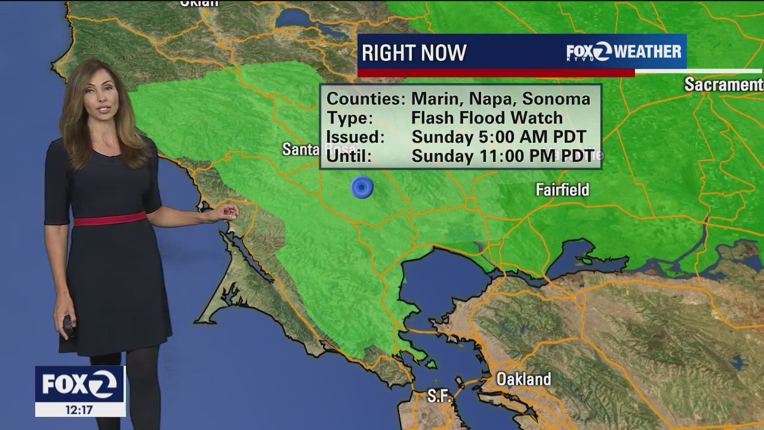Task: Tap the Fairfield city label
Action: pyautogui.click(x=562, y=190)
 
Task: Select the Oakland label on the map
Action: pyautogui.click(x=523, y=379)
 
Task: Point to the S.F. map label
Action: pyautogui.click(x=439, y=396)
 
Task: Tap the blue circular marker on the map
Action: pyautogui.click(x=362, y=188)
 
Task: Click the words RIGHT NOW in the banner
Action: pyautogui.click(x=414, y=53)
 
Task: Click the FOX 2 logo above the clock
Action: pyautogui.click(x=80, y=385)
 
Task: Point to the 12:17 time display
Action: pyautogui.click(x=80, y=410)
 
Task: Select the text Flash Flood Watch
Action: pyautogui.click(x=486, y=118)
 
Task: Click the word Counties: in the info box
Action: pyautogui.click(x=366, y=99)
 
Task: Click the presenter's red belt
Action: pyautogui.click(x=110, y=219)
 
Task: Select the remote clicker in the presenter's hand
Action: pyautogui.click(x=68, y=325)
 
